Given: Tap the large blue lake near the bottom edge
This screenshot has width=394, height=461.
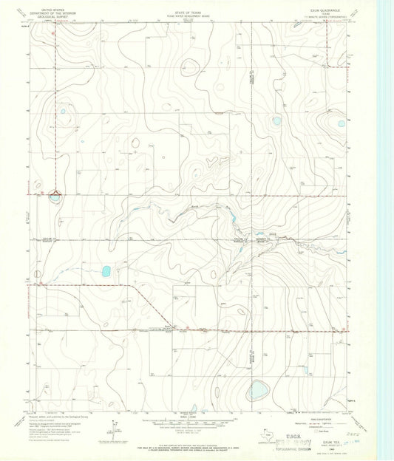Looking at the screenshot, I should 257,389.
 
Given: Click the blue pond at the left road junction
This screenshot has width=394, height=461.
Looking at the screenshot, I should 55,197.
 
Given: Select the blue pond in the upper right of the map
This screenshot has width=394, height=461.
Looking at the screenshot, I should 276,120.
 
